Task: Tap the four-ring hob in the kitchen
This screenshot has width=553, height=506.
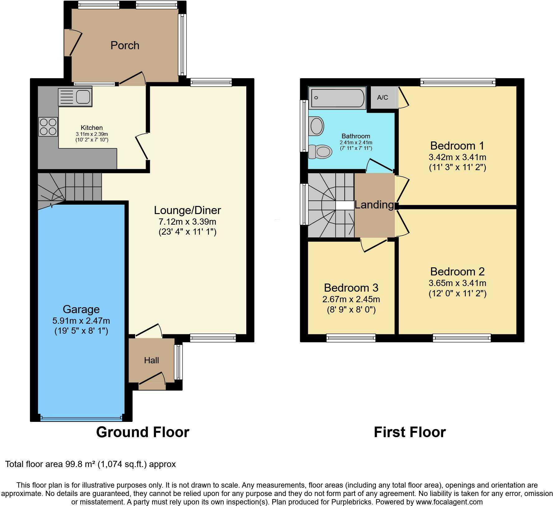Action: tap(48, 126)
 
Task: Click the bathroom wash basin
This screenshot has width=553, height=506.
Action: tap(316, 126)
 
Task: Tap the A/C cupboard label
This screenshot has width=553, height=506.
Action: tap(382, 98)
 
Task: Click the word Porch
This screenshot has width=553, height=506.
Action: tap(125, 45)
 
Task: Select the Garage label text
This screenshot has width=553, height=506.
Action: tap(81, 309)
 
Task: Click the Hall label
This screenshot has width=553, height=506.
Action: tap(151, 360)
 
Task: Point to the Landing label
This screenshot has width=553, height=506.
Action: tap(375, 205)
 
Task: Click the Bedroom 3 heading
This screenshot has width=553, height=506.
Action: tap(351, 288)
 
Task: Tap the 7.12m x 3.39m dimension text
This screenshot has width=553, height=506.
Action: tap(187, 222)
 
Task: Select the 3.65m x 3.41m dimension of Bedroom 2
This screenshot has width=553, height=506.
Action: tap(457, 283)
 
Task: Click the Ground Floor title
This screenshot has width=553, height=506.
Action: tap(143, 432)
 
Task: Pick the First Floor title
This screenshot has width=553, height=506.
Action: tap(410, 432)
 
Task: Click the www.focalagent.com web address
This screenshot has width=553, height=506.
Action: tap(449, 502)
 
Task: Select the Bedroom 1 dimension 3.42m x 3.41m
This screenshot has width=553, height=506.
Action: tap(457, 157)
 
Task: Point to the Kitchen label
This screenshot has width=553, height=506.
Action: tap(92, 128)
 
